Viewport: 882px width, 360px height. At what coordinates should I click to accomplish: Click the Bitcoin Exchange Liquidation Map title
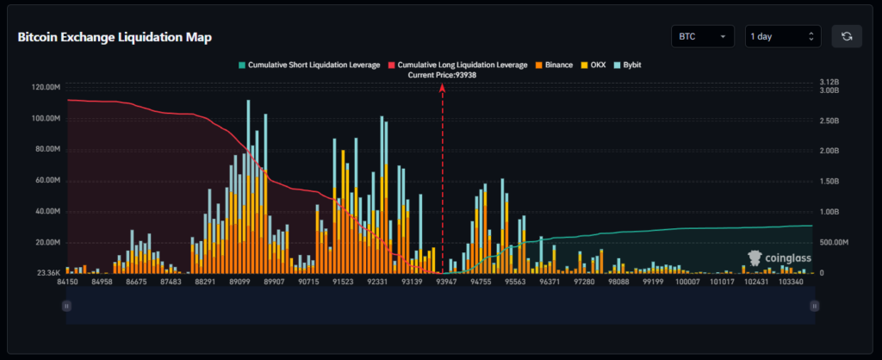(x=115, y=38)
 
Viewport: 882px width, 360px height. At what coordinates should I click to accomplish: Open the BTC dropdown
(x=702, y=37)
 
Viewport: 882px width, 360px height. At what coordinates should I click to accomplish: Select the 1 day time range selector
(x=782, y=37)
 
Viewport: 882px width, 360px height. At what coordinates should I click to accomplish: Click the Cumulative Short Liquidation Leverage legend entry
(x=309, y=65)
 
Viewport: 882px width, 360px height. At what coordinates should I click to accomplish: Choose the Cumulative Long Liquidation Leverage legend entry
(x=458, y=65)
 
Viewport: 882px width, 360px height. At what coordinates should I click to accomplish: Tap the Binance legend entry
(x=554, y=65)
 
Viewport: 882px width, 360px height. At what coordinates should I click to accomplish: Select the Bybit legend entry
(x=631, y=65)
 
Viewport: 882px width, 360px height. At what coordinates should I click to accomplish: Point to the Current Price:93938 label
(x=443, y=75)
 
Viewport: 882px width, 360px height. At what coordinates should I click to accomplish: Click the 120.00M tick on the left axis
(x=43, y=87)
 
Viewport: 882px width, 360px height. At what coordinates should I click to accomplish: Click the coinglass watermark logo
(x=779, y=257)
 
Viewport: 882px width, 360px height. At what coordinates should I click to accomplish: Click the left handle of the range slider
(x=67, y=306)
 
